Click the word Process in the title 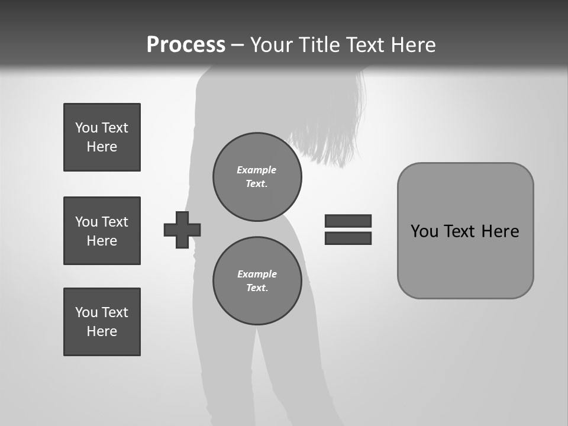pyautogui.click(x=186, y=45)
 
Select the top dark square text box pyautogui.click(x=102, y=137)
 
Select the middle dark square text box pyautogui.click(x=102, y=231)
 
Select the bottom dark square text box pyautogui.click(x=102, y=322)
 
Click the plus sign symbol pyautogui.click(x=182, y=230)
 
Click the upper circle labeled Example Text pyautogui.click(x=257, y=177)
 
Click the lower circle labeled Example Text pyautogui.click(x=257, y=281)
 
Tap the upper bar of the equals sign pyautogui.click(x=348, y=221)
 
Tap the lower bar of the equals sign pyautogui.click(x=348, y=238)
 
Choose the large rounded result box pyautogui.click(x=465, y=260)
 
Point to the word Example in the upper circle pyautogui.click(x=256, y=170)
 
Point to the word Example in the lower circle pyautogui.click(x=257, y=274)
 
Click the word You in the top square pyautogui.click(x=86, y=128)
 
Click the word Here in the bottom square pyautogui.click(x=102, y=331)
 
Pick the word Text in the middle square pyautogui.click(x=115, y=222)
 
